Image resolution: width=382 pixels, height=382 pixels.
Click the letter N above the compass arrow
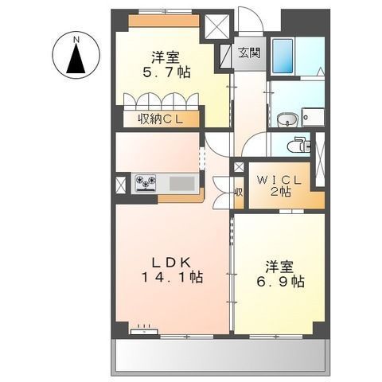[76, 40]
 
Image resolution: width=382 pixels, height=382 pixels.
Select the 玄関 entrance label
[249, 53]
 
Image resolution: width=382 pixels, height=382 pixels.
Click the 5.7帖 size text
[166, 72]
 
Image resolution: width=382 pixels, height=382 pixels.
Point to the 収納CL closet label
[161, 119]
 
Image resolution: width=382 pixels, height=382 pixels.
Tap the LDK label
[171, 263]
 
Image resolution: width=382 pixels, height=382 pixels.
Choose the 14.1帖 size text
[173, 278]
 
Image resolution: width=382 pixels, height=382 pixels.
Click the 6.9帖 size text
[280, 282]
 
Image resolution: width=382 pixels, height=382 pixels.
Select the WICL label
[279, 181]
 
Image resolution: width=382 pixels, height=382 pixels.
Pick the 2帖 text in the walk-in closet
[280, 192]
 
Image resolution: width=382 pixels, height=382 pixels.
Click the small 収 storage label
[239, 193]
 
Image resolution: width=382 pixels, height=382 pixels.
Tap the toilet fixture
[298, 145]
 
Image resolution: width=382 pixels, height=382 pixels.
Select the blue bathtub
[283, 56]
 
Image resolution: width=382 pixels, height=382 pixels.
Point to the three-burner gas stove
[146, 183]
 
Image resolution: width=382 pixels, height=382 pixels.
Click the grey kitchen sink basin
[182, 184]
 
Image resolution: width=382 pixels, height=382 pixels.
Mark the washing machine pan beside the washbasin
[314, 117]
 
